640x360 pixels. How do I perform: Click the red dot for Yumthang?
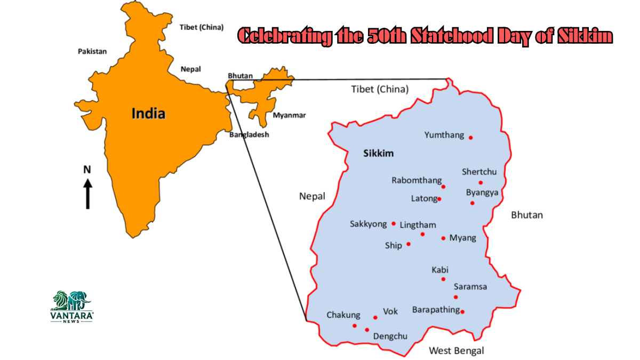(x=470, y=138)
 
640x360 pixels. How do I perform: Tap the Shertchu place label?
(x=479, y=172)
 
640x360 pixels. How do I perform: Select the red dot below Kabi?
(x=443, y=279)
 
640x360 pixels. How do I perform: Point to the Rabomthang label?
(x=417, y=180)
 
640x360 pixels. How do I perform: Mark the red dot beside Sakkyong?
(x=394, y=223)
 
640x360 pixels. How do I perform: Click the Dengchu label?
(x=390, y=336)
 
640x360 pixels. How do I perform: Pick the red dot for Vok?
(x=375, y=317)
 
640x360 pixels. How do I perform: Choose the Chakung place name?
(x=343, y=315)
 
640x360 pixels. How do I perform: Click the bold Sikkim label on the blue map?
(x=378, y=154)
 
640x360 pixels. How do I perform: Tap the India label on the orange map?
(x=149, y=114)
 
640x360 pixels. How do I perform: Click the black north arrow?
(x=88, y=193)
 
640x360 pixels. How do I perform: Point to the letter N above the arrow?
(x=87, y=170)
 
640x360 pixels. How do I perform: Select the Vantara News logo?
(x=72, y=306)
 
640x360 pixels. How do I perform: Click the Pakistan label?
(x=92, y=52)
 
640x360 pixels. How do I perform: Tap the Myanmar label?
(x=289, y=115)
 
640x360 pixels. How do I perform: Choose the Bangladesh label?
(x=249, y=135)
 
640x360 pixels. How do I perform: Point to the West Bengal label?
(x=457, y=350)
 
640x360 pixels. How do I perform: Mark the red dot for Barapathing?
(x=462, y=312)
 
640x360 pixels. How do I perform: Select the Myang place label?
(x=462, y=238)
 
